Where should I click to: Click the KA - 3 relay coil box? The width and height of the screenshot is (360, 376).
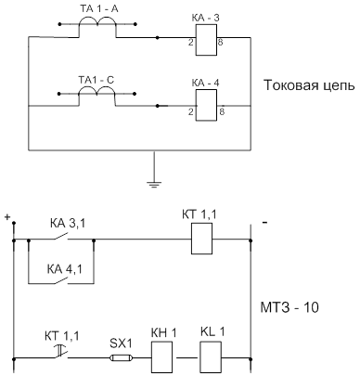206,40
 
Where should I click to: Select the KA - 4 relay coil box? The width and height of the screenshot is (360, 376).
206,106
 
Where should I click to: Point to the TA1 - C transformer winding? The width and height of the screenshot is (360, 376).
96,89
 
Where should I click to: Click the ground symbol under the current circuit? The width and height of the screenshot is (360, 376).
154,185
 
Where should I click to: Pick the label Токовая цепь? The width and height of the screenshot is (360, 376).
309,85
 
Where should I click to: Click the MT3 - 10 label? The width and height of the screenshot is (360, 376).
289,307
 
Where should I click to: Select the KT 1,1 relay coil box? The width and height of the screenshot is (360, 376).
201,239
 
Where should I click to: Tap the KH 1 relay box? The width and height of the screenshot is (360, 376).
161,357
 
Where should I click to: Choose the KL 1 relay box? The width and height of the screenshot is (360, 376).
211,357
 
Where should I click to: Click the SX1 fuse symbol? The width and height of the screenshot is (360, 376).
122,358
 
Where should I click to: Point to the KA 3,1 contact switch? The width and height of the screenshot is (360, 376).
60,237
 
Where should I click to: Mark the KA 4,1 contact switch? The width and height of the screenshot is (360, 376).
60,280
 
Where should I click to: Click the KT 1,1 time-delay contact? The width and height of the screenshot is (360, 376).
60,353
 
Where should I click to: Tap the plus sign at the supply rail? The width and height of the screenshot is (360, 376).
7,217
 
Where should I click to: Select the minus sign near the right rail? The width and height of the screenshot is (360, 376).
264,222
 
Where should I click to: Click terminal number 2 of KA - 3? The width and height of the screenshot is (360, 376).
191,43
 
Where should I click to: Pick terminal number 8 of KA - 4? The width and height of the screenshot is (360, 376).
222,111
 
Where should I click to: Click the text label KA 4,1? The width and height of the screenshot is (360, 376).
64,269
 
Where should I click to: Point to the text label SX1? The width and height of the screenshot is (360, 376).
121,344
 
